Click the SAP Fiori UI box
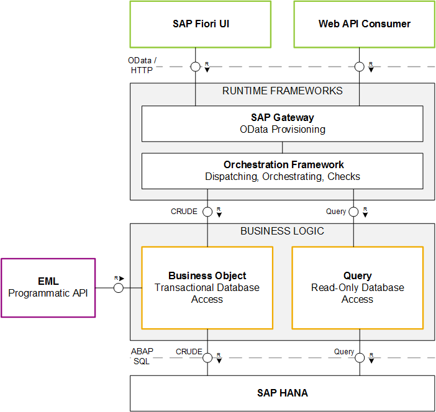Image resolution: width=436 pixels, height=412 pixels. tap(200, 24)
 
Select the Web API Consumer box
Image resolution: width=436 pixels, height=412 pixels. tap(364, 24)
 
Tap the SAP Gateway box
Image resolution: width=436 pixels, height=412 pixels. tap(282, 123)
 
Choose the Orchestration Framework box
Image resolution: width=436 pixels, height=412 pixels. tap(282, 171)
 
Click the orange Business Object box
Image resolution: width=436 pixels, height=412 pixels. tap(207, 287)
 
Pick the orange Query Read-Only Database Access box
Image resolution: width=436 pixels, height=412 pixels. tap(358, 287)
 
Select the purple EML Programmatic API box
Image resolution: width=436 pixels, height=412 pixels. tap(48, 288)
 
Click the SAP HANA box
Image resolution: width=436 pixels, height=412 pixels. tap(282, 393)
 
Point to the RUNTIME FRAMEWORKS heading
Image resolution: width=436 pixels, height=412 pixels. tap(282, 91)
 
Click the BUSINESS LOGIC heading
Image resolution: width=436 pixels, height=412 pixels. tap(282, 231)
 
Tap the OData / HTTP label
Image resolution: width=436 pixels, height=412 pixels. tap(142, 65)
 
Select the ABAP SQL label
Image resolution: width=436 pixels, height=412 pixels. tap(142, 356)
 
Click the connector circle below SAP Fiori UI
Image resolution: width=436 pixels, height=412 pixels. tap(195, 66)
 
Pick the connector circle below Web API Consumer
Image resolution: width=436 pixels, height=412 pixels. tap(359, 66)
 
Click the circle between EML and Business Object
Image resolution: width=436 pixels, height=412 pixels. tap(119, 288)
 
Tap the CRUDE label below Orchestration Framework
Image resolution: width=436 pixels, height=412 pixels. tap(184, 212)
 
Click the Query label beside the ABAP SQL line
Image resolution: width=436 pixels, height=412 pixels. tap(344, 352)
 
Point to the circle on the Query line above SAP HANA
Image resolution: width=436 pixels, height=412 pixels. tap(360, 358)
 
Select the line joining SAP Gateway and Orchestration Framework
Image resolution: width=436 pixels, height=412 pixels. tap(282, 148)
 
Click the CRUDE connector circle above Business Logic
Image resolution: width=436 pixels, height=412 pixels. tap(207, 212)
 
